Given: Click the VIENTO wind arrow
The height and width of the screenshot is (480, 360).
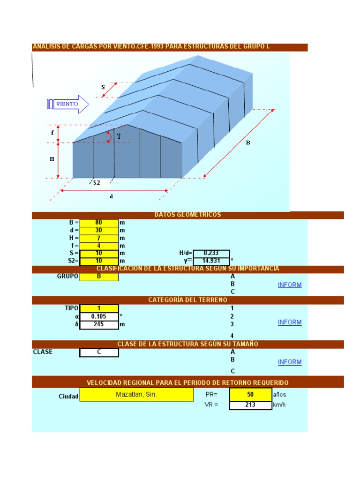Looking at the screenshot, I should pos(67,104).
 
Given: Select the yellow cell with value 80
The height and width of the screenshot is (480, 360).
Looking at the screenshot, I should pos(99,223).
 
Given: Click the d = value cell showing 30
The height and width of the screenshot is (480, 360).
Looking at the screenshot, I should pos(99,230).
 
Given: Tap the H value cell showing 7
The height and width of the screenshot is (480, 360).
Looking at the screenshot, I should pos(99,238).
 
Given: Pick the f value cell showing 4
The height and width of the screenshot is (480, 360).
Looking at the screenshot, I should pos(99,246).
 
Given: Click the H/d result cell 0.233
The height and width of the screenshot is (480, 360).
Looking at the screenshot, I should pos(211,253).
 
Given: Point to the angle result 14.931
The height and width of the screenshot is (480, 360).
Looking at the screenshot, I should pos(211,261).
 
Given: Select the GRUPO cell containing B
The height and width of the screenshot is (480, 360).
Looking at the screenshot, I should pos(99,277).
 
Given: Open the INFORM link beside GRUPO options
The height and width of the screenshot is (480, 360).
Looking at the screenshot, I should pos(290,285).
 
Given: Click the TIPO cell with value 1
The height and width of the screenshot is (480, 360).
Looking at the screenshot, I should pos(99,308).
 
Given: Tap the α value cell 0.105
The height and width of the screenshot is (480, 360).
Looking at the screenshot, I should pos(99,316).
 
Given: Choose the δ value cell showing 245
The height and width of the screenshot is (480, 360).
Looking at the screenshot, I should pos(99,324).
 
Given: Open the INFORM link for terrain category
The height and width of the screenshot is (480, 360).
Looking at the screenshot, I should pos(290,322).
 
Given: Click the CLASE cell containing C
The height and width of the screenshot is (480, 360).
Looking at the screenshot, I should pos(99,352).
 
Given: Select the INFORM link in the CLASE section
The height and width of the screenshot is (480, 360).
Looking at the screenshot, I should pos(290,362).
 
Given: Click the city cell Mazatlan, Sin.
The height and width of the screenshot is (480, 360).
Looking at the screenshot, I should pos(136,395).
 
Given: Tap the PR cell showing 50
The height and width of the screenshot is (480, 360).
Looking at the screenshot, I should pos(250,395).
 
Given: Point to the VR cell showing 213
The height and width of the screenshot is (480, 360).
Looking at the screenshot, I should pos(250,405).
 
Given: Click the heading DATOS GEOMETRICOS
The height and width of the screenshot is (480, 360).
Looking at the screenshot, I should pos(187,215).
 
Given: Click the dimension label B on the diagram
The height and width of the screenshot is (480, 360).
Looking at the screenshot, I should pos(248,143).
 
